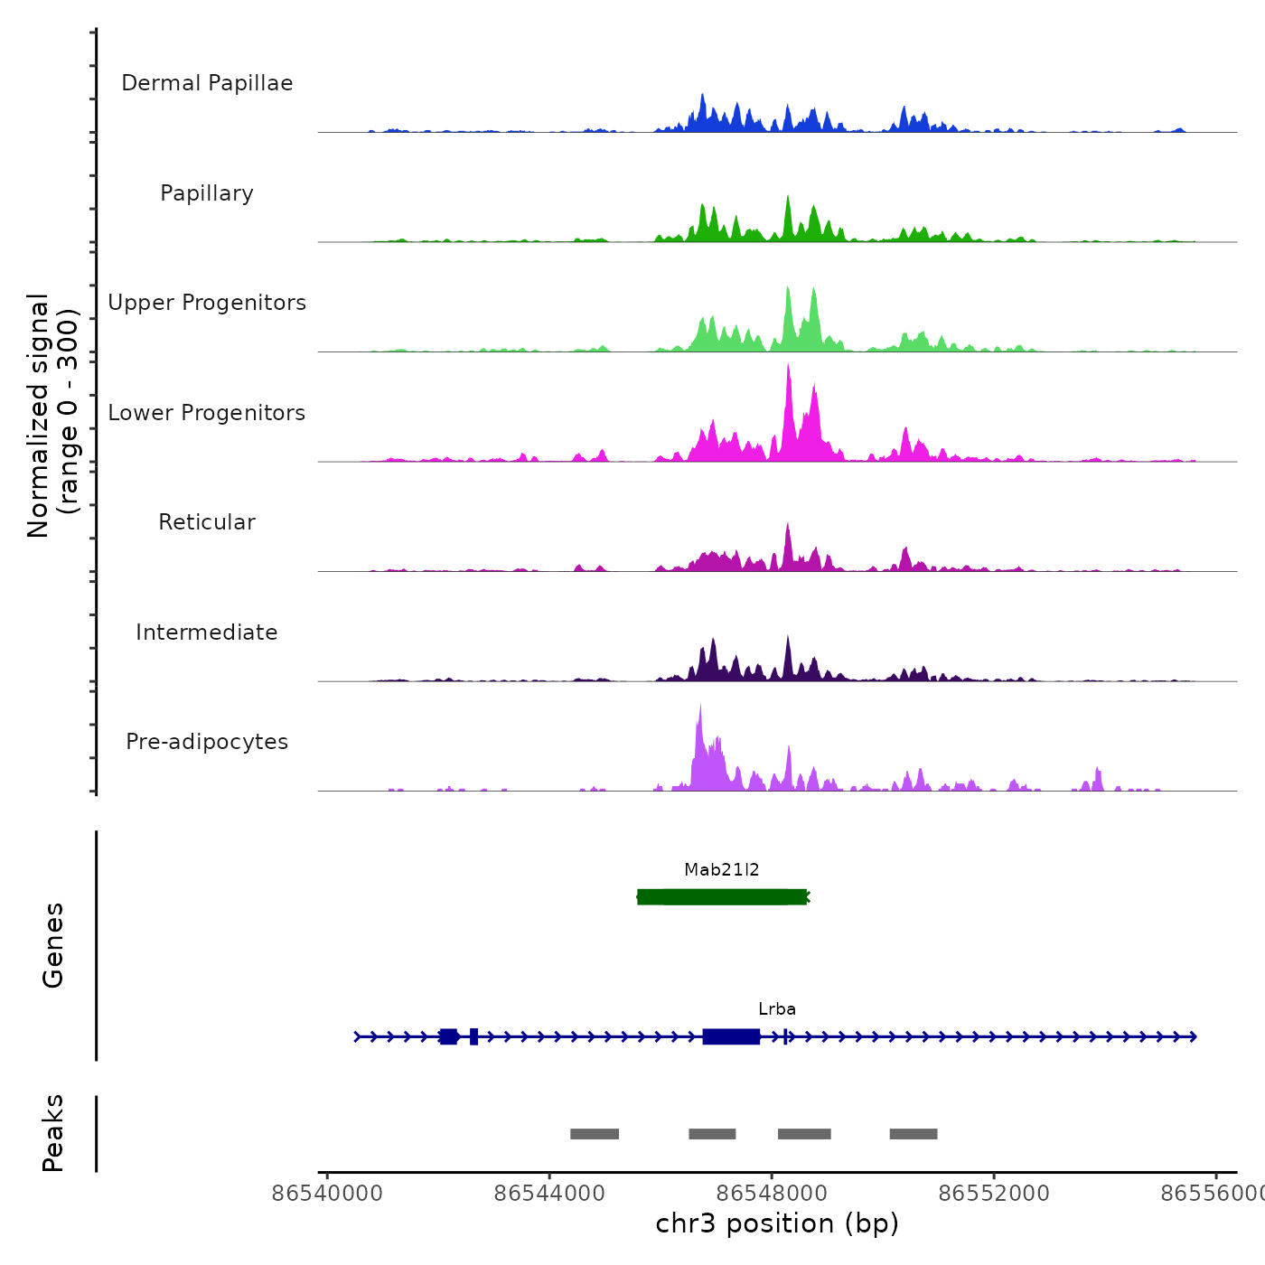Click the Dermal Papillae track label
click(207, 83)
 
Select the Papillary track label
click(207, 193)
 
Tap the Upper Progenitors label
click(207, 303)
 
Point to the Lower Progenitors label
click(207, 413)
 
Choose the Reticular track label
click(207, 522)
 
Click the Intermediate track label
click(207, 632)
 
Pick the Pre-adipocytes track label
click(207, 742)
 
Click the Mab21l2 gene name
click(721, 870)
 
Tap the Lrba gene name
click(777, 1009)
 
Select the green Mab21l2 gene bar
click(721, 897)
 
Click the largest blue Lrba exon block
click(731, 1036)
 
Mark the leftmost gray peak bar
click(595, 1134)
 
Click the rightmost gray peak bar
click(914, 1134)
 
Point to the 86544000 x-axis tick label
click(549, 1194)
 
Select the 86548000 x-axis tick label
click(772, 1194)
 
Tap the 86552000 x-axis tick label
click(994, 1194)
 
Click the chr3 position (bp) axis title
click(777, 1223)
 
